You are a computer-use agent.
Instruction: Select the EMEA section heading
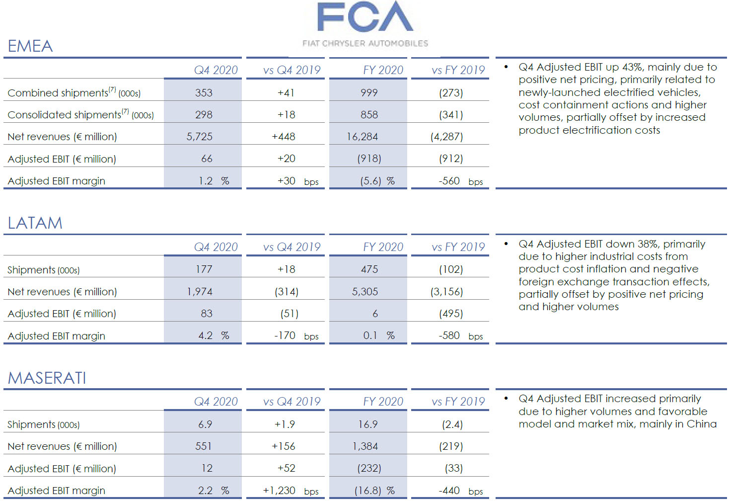tap(30, 46)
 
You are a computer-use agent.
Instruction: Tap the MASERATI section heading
tap(47, 378)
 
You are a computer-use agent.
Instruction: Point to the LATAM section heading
tap(35, 223)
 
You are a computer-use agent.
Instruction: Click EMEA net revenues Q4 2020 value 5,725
tap(199, 137)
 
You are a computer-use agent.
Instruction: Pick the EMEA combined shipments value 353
tap(204, 93)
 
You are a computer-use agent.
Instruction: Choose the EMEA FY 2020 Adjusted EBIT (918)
tap(369, 159)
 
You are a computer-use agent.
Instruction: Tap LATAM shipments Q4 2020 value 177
tap(204, 269)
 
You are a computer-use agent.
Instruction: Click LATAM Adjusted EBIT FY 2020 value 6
tap(375, 314)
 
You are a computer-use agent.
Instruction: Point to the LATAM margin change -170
tap(285, 335)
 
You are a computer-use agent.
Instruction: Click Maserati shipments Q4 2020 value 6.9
tap(205, 424)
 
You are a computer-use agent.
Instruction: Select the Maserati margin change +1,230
tap(279, 491)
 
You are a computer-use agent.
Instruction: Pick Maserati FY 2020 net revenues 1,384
tap(365, 446)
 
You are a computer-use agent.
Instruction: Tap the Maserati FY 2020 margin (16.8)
tap(368, 491)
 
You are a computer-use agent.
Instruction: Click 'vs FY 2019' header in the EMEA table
tap(458, 70)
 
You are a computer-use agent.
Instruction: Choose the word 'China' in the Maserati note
tap(701, 424)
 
